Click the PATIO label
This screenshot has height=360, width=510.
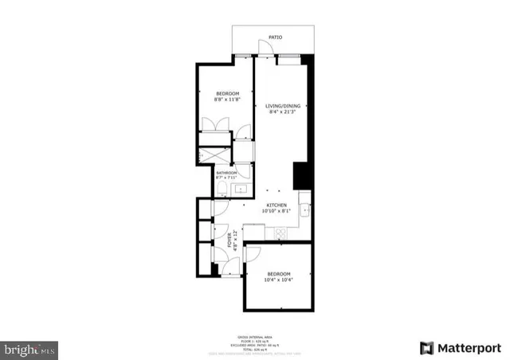click(276, 37)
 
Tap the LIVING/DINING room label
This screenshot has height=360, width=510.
click(283, 105)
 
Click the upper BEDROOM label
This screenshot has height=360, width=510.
click(225, 92)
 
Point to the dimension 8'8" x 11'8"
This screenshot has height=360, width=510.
click(225, 100)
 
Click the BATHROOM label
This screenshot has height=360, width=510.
click(226, 172)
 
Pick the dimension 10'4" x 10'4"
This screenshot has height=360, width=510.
click(279, 280)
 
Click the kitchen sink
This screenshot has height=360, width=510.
click(304, 210)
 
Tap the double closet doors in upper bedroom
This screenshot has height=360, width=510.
click(214, 127)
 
